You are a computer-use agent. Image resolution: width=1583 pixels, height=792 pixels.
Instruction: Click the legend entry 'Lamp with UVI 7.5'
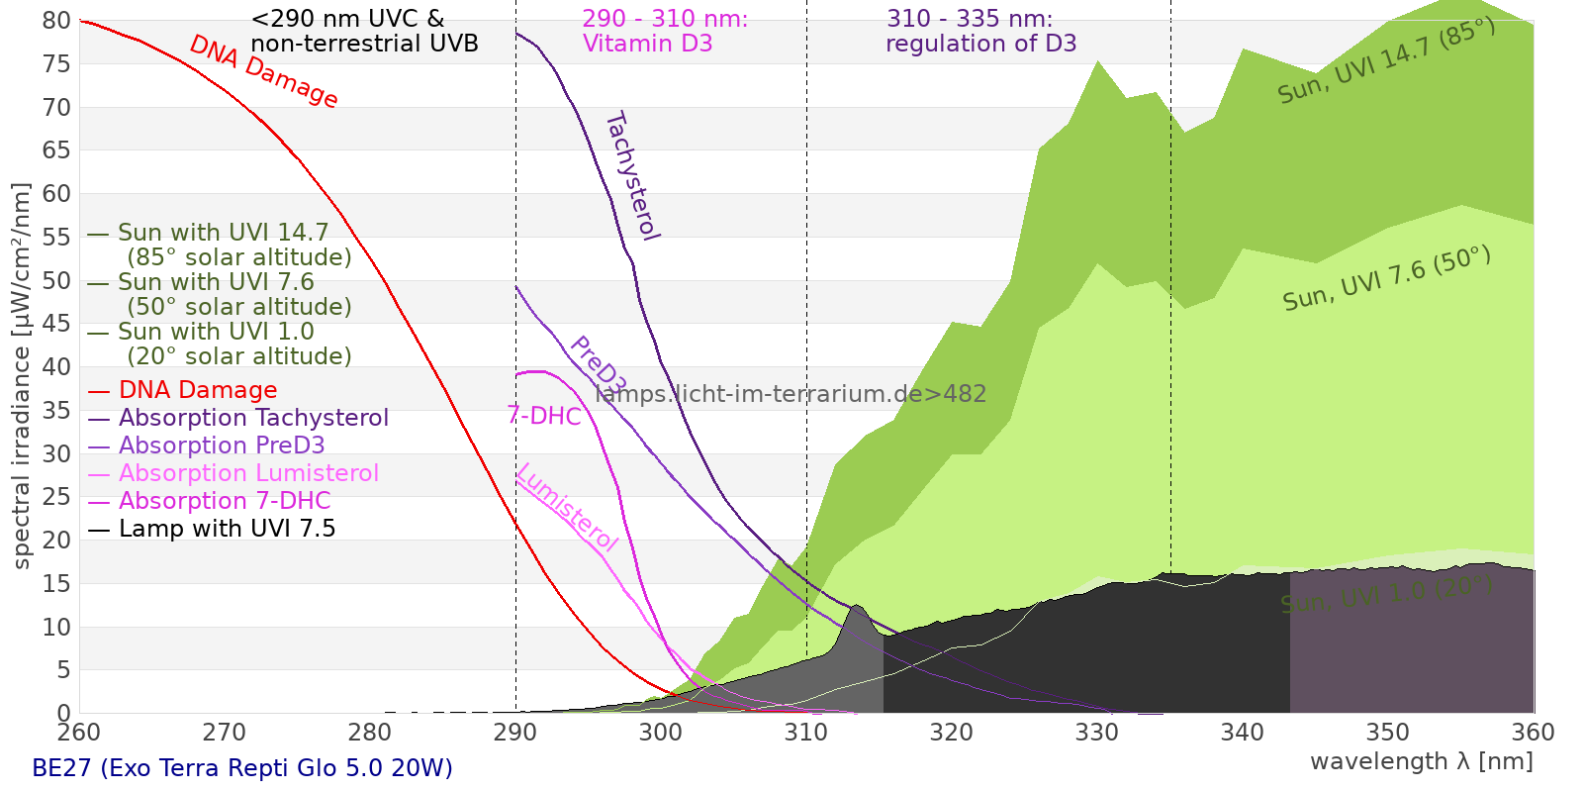coord(227,529)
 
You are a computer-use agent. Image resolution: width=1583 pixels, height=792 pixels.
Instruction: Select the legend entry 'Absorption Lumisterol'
coord(248,473)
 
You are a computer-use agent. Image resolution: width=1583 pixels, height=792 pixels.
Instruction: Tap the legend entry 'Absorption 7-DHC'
coord(225,501)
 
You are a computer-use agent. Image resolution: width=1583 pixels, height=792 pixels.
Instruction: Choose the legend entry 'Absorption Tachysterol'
coord(253,418)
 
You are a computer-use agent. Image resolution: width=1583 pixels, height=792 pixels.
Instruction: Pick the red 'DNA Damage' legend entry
coord(198,390)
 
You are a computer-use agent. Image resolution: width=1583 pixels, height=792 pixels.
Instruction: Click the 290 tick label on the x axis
coord(514,733)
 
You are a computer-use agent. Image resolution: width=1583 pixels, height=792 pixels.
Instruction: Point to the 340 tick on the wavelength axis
coord(1243,733)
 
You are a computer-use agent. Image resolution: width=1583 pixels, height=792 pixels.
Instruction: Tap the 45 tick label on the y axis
coord(56,324)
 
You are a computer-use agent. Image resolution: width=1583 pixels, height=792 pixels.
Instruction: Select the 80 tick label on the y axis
coord(56,21)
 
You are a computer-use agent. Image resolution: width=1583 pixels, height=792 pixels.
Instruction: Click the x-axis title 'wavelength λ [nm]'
coord(1421,761)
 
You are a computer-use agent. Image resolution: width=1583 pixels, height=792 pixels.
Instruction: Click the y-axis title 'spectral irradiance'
coord(22,375)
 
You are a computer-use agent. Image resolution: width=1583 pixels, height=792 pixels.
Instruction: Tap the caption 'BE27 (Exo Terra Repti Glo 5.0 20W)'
coord(241,768)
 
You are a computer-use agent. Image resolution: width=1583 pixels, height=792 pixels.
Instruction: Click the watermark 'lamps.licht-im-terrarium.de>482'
coord(791,394)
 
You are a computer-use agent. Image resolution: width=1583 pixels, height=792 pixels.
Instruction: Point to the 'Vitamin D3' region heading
coord(648,44)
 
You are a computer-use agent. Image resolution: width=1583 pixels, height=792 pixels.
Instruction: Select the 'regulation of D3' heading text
coord(980,44)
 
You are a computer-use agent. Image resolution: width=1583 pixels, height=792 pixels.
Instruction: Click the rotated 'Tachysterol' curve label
coord(631,175)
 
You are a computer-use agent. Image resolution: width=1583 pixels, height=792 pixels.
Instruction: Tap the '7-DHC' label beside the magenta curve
coord(543,416)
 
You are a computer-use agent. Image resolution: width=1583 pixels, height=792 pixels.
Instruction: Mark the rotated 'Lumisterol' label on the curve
coord(567,507)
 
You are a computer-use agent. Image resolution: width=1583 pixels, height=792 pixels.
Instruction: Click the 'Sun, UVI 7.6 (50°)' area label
coord(1386,279)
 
